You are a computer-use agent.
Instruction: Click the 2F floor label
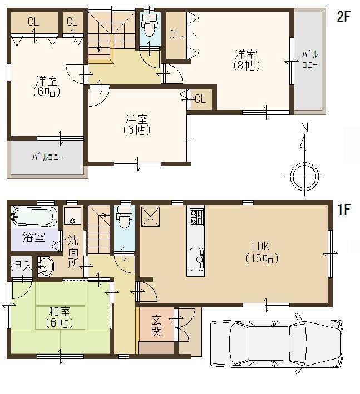pyautogui.click(x=343, y=17)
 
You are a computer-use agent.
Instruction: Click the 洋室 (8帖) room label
pyautogui.click(x=245, y=59)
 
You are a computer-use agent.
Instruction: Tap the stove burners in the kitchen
pyautogui.click(x=196, y=216)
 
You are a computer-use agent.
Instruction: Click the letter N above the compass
pyautogui.click(x=304, y=128)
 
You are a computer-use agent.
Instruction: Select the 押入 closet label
pyautogui.click(x=21, y=266)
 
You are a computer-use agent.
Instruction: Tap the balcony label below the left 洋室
pyautogui.click(x=47, y=157)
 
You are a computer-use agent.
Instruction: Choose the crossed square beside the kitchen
pyautogui.click(x=152, y=215)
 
